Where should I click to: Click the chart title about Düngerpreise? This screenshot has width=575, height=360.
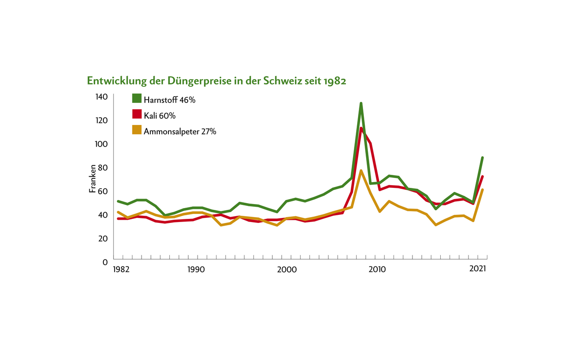click(217, 81)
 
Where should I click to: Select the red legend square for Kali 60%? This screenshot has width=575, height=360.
click(137, 115)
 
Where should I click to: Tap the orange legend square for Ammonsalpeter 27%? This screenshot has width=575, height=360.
click(137, 130)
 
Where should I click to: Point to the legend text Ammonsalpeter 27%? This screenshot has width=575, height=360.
click(180, 131)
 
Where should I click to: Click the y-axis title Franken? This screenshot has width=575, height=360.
click(93, 178)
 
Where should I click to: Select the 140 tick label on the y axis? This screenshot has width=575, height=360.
click(102, 97)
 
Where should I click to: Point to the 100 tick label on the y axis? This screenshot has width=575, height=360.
click(102, 144)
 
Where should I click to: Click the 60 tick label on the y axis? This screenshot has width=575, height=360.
click(103, 191)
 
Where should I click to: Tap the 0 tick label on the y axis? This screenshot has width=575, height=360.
click(105, 262)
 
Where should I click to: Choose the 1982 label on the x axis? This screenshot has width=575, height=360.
click(121, 270)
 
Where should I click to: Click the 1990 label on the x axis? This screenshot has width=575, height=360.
click(196, 270)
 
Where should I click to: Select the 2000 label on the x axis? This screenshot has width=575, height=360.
click(287, 270)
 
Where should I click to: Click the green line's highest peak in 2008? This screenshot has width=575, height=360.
click(361, 104)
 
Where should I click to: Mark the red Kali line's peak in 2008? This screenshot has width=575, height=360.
click(361, 129)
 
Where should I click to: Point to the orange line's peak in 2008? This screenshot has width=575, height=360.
click(361, 171)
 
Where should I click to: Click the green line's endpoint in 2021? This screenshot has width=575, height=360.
click(482, 158)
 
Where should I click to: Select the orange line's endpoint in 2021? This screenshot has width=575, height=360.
click(482, 190)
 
